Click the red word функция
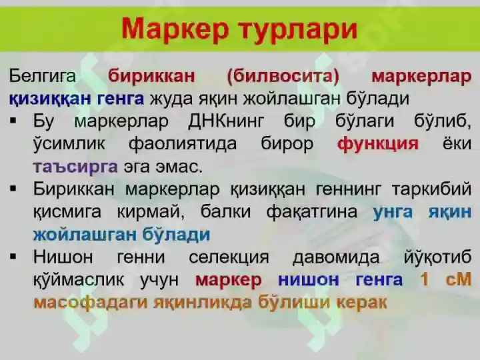[378, 144]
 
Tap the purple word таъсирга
[75, 166]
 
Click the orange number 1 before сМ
[425, 280]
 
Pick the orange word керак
[362, 302]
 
